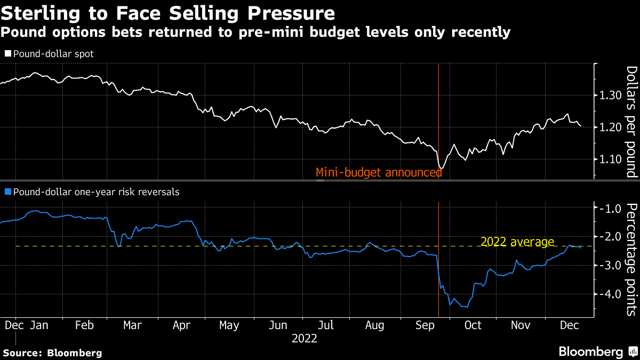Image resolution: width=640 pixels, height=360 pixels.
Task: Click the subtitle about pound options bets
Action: click(x=255, y=33)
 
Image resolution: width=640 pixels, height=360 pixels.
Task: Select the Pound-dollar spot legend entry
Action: click(x=49, y=54)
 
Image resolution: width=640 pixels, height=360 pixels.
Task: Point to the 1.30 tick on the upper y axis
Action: click(x=608, y=95)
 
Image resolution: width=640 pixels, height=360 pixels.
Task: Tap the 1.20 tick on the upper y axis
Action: click(x=608, y=127)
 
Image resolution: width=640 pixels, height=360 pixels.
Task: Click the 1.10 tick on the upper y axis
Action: click(x=608, y=159)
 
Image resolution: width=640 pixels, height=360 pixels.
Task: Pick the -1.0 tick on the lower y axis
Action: click(x=608, y=208)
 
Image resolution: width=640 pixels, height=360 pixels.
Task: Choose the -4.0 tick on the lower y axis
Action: click(x=608, y=294)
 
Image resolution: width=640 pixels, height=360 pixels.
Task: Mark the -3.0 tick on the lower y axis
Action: click(x=608, y=265)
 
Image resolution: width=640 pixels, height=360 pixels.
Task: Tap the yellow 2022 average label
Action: click(x=517, y=242)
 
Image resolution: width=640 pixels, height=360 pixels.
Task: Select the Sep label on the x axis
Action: click(x=424, y=325)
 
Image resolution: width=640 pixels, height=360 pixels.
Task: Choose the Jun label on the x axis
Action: click(x=278, y=325)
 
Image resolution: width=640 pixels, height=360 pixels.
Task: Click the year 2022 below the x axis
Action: click(x=305, y=338)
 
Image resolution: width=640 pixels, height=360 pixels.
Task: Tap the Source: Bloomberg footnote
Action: click(x=52, y=353)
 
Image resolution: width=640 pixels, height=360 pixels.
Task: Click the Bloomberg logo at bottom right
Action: click(x=597, y=351)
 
